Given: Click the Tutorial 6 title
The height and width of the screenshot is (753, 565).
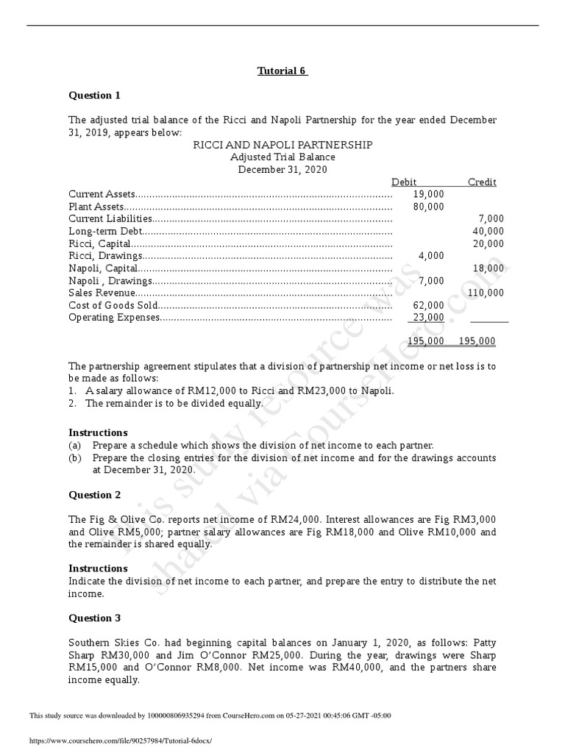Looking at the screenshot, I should pyautogui.click(x=282, y=71).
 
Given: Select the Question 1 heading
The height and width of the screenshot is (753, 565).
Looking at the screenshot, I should pyautogui.click(x=94, y=95).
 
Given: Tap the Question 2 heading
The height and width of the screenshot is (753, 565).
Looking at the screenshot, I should pyautogui.click(x=94, y=495).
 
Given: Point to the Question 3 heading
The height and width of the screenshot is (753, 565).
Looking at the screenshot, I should pyautogui.click(x=94, y=618).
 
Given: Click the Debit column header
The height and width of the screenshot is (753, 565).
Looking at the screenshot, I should pyautogui.click(x=404, y=182).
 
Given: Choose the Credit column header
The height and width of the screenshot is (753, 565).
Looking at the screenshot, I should pyautogui.click(x=482, y=182).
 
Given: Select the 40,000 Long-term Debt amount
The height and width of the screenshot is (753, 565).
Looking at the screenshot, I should pyautogui.click(x=488, y=231).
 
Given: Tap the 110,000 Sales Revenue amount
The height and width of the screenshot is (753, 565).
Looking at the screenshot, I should pyautogui.click(x=486, y=293).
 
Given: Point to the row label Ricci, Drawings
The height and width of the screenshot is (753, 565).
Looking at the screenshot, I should pyautogui.click(x=104, y=256).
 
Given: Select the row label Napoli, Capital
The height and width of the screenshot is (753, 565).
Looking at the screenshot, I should pyautogui.click(x=103, y=268).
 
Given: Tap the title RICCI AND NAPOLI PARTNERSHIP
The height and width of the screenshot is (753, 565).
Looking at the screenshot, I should pyautogui.click(x=282, y=145).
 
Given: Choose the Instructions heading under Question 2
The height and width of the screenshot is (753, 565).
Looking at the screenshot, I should pyautogui.click(x=98, y=568).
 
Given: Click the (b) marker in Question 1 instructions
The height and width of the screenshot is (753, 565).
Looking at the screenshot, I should pyautogui.click(x=75, y=458).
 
